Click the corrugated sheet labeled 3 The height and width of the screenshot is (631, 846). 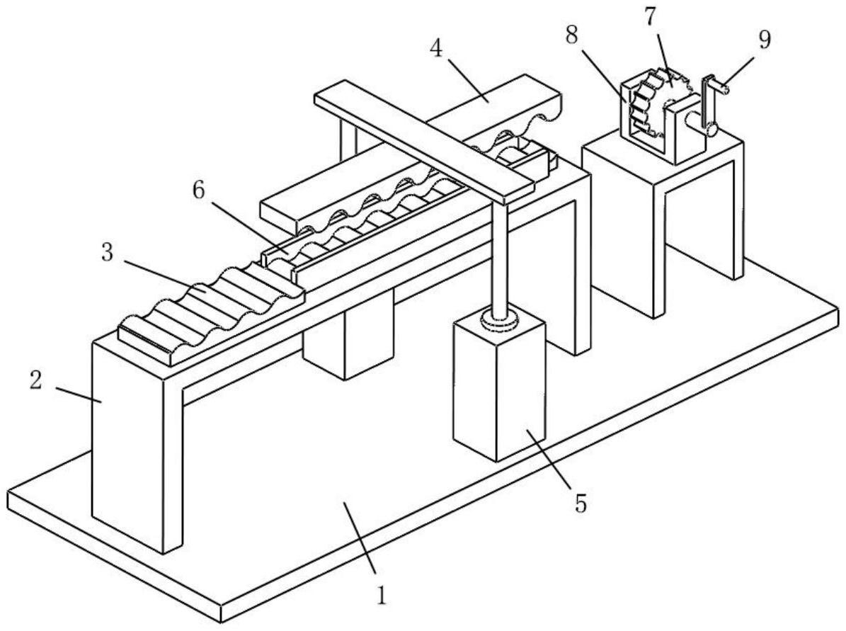[x=212, y=305]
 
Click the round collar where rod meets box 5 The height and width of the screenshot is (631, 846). [x=501, y=321]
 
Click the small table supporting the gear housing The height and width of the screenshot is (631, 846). [x=662, y=212]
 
